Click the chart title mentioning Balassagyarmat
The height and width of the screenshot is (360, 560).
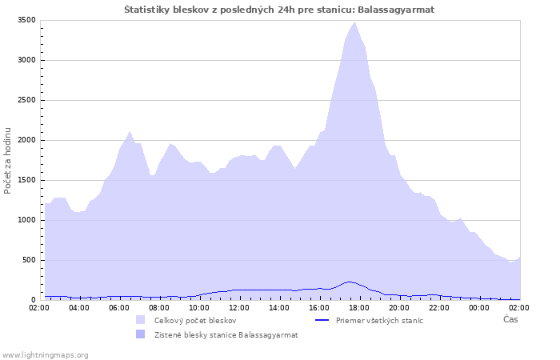tap(279, 10)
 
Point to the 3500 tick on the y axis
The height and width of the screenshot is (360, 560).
tap(26, 20)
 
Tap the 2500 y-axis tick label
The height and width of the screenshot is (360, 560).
tap(26, 100)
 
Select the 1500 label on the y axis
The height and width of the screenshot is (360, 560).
tap(26, 180)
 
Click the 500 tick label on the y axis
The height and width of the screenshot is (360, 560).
tap(29, 260)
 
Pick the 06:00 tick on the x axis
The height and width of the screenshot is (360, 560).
tap(119, 308)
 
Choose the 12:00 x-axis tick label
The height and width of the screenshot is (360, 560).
tap(239, 308)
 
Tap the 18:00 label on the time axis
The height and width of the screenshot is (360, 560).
tap(359, 308)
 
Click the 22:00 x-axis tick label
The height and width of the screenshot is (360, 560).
tap(439, 308)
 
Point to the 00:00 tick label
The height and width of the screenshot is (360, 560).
tap(479, 308)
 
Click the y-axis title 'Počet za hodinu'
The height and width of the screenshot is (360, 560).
tap(7, 161)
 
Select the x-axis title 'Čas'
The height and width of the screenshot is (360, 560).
tap(510, 319)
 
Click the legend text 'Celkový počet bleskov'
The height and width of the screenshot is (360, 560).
tap(195, 321)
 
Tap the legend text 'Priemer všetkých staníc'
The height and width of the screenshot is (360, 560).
tap(379, 321)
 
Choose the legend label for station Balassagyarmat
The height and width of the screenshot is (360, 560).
tap(226, 335)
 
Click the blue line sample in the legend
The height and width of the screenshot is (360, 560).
tap(322, 320)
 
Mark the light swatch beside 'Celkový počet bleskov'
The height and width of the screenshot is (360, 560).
tap(140, 320)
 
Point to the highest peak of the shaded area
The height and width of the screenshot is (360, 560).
tap(354, 22)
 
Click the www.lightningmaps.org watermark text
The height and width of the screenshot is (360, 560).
tap(45, 355)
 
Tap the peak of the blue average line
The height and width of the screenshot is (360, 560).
tap(350, 282)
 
